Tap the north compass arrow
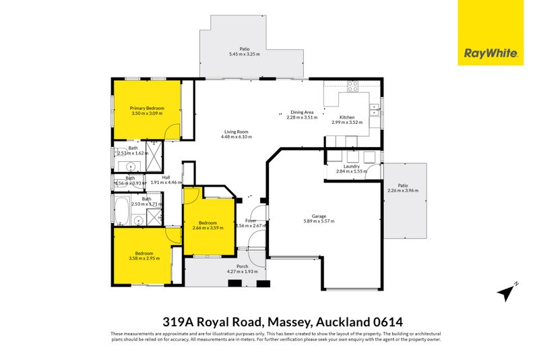coord(506,292)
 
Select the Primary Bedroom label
coord(146,108)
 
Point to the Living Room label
coord(236,131)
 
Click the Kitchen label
coord(347,117)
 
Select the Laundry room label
coord(351,166)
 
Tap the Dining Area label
coord(301,112)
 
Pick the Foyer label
coord(251,220)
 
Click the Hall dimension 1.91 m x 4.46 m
coord(166,183)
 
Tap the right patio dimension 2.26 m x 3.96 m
coord(403,191)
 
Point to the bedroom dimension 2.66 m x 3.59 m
coord(208,228)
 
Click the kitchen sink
coord(375,109)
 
